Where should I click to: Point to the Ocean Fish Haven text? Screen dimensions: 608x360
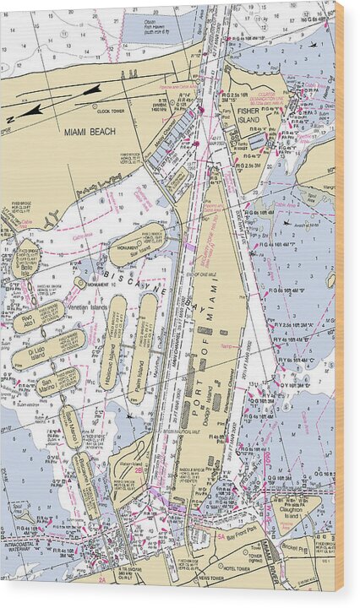[x=149, y=18]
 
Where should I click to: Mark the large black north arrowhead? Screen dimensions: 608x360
[x=34, y=110]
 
